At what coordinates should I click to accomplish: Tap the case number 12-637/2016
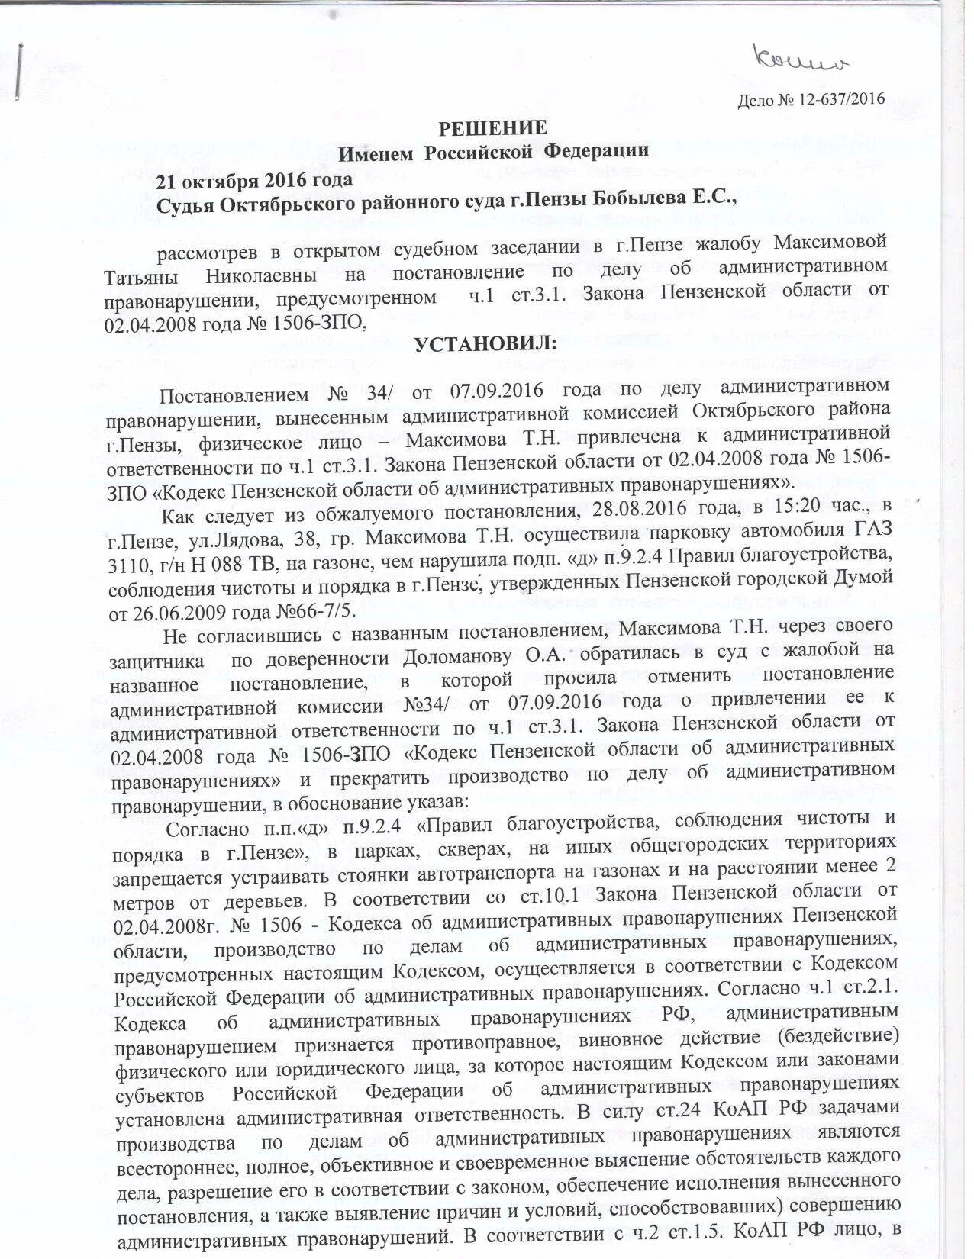(x=840, y=99)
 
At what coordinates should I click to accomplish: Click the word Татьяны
(x=142, y=274)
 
